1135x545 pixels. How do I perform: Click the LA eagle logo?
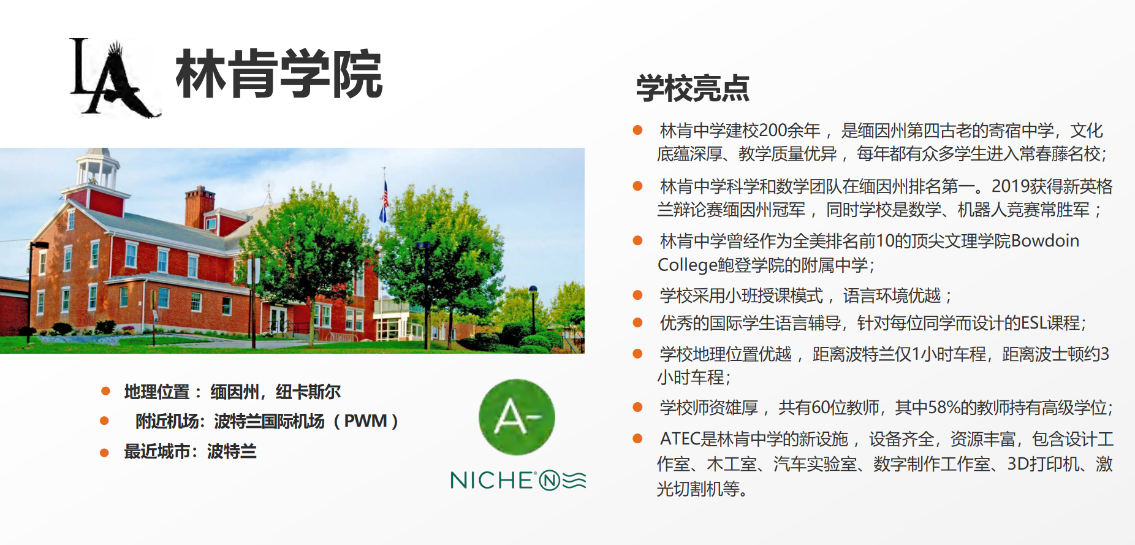coord(115,77)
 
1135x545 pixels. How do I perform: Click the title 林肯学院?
coord(279,75)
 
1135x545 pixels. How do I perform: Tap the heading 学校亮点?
coord(693,88)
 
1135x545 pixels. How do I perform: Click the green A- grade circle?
coord(517,417)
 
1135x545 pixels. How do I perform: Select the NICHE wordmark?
coord(518,480)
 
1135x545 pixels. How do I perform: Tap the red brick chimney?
coord(200,205)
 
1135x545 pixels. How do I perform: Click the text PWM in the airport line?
coord(365,421)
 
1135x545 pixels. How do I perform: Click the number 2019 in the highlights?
coord(1011,186)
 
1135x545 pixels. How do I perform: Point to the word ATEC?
coord(680,439)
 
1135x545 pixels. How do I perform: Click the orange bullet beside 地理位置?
coord(105,391)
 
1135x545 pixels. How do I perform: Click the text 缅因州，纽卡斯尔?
coord(275,392)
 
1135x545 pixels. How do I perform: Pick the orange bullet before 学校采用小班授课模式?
coord(637,295)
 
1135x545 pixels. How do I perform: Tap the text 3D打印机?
coord(1043,464)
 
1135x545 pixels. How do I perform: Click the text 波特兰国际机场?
coord(269,421)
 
